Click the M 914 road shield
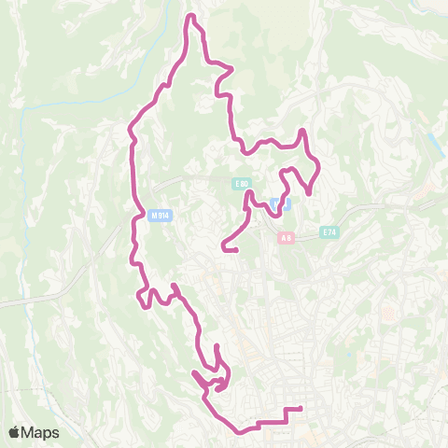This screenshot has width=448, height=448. [160, 216]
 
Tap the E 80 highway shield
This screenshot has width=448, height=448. [242, 184]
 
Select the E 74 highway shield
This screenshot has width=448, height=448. [329, 231]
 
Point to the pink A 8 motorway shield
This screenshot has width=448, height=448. [287, 238]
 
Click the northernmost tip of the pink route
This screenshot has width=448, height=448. [192, 17]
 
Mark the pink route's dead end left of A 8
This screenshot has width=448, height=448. [223, 249]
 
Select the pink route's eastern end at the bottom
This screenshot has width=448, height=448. [301, 409]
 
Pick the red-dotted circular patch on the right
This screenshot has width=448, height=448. [387, 315]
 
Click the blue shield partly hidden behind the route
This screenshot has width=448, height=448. [279, 203]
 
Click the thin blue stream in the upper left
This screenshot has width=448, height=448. [56, 103]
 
